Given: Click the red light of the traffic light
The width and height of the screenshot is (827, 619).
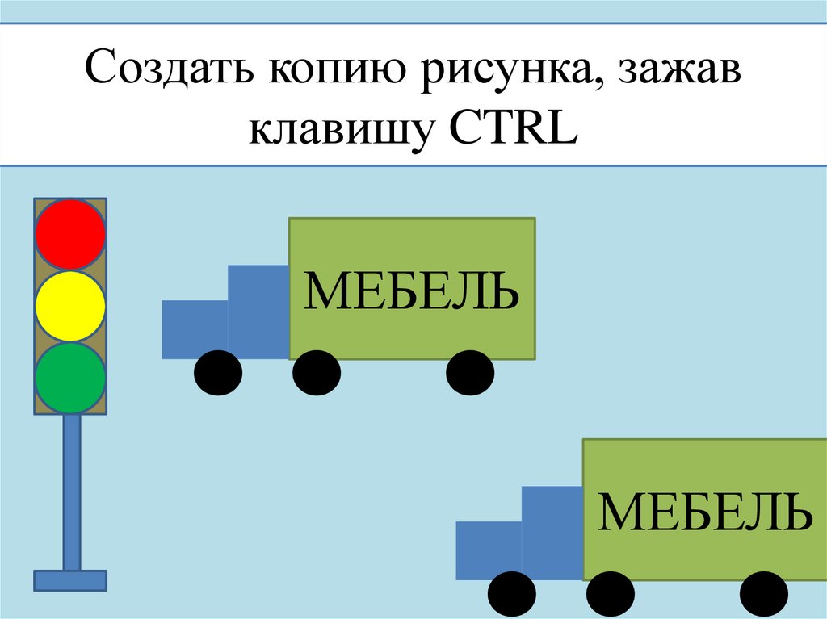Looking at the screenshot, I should click(70, 234).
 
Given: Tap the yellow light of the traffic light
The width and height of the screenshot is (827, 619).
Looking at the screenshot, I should click(70, 306).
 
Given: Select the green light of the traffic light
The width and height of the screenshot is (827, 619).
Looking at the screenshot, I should click(70, 377).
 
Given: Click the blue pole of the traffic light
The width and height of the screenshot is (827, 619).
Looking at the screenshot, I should click(71, 492).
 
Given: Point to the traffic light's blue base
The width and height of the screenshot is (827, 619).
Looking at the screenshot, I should click(70, 580).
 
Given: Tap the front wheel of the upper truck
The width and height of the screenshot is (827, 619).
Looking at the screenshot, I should click(218, 374).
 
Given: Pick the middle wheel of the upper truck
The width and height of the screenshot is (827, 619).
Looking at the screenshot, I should click(316, 374).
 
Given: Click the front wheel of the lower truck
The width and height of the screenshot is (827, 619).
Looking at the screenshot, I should click(512, 596).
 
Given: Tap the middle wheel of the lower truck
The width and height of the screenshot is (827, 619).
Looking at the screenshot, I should click(611, 596).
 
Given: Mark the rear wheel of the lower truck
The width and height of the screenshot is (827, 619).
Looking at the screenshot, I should click(764, 596).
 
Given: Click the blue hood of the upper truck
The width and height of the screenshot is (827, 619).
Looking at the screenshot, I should click(195, 328).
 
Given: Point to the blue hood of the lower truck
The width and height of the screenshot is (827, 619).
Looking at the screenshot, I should click(489, 550).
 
